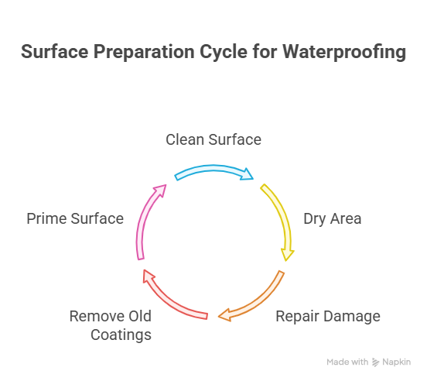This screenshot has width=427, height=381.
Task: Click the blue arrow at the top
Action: click(213, 170)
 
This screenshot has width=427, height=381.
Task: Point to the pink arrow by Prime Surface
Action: click(147, 225)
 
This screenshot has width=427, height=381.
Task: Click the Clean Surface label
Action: click(213, 139)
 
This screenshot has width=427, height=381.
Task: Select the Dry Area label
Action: click(332, 218)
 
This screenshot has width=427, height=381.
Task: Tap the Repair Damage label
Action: click(328, 316)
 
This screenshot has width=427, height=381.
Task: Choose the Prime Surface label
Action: click(75, 218)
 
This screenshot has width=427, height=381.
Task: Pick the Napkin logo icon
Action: click(376, 362)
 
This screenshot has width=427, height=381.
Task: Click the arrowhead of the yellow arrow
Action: click(288, 255)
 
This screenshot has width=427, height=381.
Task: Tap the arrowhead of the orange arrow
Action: click(224, 314)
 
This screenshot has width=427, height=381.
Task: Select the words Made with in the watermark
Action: click(347, 362)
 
